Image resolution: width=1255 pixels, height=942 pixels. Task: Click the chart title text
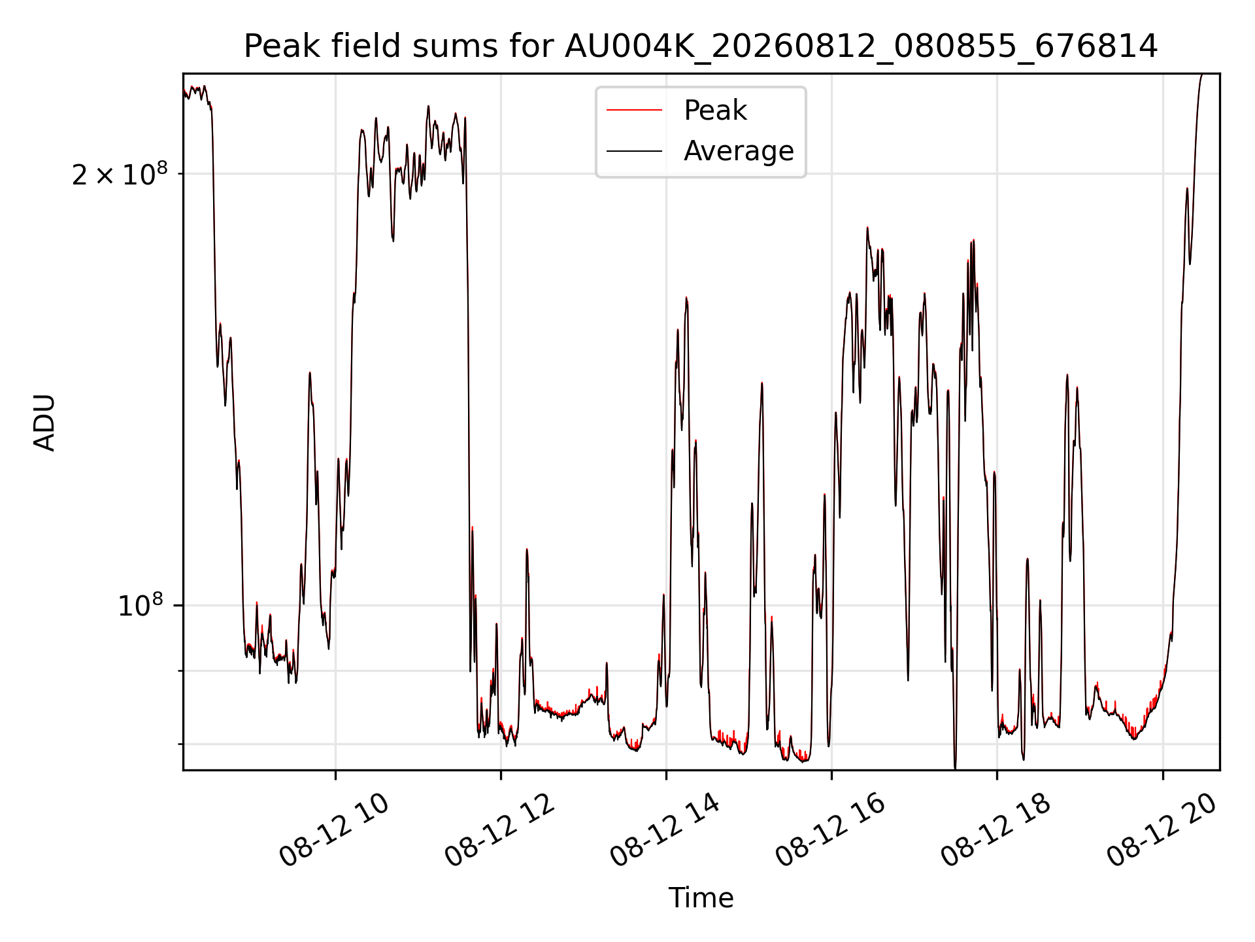pyautogui.click(x=701, y=46)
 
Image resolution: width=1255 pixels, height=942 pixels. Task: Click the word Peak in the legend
pyautogui.click(x=715, y=111)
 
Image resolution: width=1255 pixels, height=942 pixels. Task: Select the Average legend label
pyautogui.click(x=739, y=151)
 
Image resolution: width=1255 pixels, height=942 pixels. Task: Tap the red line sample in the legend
pyautogui.click(x=634, y=111)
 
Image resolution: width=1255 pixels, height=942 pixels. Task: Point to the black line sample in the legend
pyautogui.click(x=634, y=151)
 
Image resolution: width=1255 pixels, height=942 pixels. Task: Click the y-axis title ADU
pyautogui.click(x=44, y=422)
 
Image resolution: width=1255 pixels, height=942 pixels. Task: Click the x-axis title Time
pyautogui.click(x=701, y=898)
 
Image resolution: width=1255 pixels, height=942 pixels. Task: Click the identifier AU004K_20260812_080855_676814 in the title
pyautogui.click(x=862, y=47)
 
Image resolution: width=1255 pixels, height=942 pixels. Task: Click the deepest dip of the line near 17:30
pyautogui.click(x=955, y=768)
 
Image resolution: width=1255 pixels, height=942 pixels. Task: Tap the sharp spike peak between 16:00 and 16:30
pyautogui.click(x=867, y=228)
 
